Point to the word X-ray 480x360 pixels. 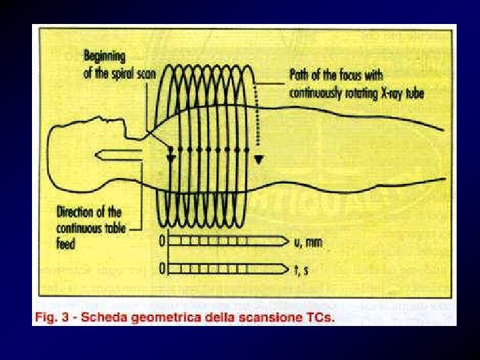point(387,93)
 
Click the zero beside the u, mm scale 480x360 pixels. point(161,241)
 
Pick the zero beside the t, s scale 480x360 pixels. point(161,268)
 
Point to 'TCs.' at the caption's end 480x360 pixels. point(319,316)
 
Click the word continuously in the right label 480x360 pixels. point(325,93)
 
